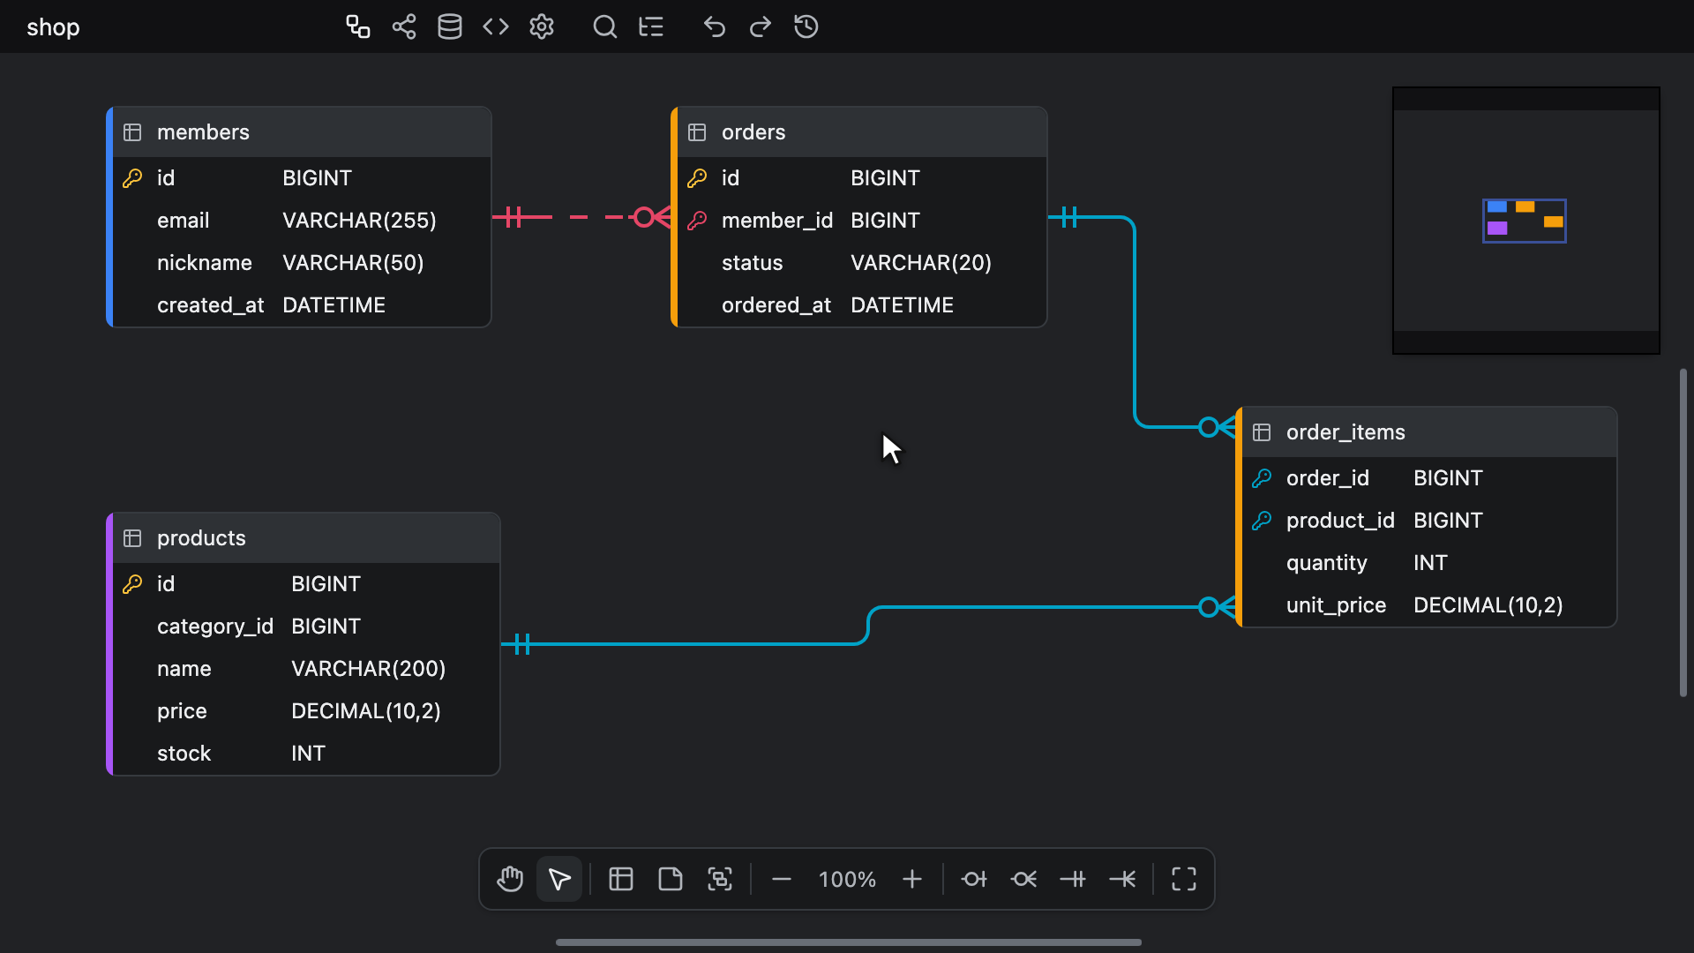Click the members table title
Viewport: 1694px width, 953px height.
pyautogui.click(x=203, y=132)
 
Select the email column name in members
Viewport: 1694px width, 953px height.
pyautogui.click(x=183, y=221)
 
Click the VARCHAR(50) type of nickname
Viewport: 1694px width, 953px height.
pyautogui.click(x=353, y=263)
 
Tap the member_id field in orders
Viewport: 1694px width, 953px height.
pyautogui.click(x=776, y=221)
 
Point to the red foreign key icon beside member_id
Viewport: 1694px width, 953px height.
pyautogui.click(x=697, y=221)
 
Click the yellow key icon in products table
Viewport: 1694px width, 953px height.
pyautogui.click(x=132, y=584)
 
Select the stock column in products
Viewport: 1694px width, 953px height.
pyautogui.click(x=184, y=754)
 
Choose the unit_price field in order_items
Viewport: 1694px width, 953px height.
pyautogui.click(x=1336, y=605)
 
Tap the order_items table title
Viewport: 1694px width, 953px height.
pyautogui.click(x=1345, y=432)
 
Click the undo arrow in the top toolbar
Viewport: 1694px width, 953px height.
pyautogui.click(x=715, y=27)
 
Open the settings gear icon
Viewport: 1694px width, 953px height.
pyautogui.click(x=542, y=27)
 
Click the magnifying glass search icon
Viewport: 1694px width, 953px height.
pyautogui.click(x=605, y=27)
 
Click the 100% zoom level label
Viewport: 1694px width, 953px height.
pyautogui.click(x=847, y=880)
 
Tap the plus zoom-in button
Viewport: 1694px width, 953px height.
pyautogui.click(x=912, y=880)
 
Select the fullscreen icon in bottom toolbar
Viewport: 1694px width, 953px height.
pyautogui.click(x=1184, y=880)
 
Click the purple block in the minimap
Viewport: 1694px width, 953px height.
pyautogui.click(x=1497, y=229)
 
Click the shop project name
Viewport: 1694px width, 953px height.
pyautogui.click(x=53, y=28)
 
